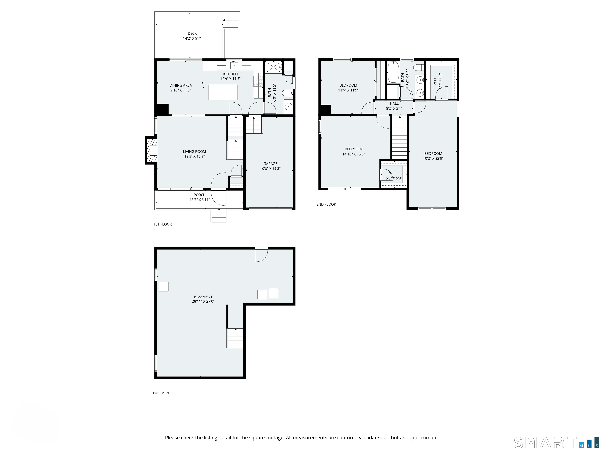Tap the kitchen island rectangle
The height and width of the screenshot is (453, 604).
point(223,92)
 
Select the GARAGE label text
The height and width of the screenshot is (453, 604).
point(270,164)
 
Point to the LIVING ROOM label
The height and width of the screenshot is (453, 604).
point(194,152)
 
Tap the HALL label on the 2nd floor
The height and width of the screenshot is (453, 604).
point(394,103)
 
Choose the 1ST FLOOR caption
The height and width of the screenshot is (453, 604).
point(162,224)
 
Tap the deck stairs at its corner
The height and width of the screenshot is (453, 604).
point(231,20)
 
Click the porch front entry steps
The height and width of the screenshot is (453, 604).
point(219,215)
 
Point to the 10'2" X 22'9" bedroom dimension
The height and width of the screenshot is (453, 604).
point(433,158)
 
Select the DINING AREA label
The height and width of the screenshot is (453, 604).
point(180,85)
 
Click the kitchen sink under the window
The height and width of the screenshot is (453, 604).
point(234,65)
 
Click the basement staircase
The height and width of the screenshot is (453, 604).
point(235,338)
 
